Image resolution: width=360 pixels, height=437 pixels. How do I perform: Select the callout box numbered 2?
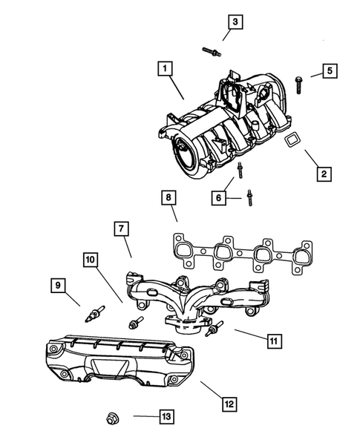click(323, 175)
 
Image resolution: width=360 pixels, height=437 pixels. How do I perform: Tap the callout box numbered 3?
click(235, 22)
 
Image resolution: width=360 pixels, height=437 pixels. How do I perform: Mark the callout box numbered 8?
click(169, 197)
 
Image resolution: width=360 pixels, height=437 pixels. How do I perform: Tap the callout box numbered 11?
click(273, 341)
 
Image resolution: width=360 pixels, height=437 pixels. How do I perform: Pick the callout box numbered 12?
click(229, 404)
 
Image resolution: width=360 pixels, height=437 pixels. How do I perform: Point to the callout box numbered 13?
click(167, 417)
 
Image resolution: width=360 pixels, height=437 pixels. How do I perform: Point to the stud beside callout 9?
click(95, 313)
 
